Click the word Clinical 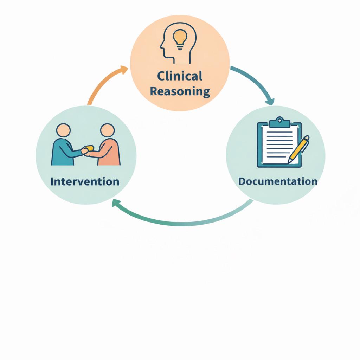pyautogui.click(x=180, y=76)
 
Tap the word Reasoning pyautogui.click(x=180, y=91)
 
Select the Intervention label pyautogui.click(x=85, y=181)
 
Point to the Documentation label pyautogui.click(x=278, y=181)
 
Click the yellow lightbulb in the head pyautogui.click(x=180, y=37)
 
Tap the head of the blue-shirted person pyautogui.click(x=64, y=130)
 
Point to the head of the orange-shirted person pyautogui.click(x=107, y=130)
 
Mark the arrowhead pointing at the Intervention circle pyautogui.click(x=115, y=203)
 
